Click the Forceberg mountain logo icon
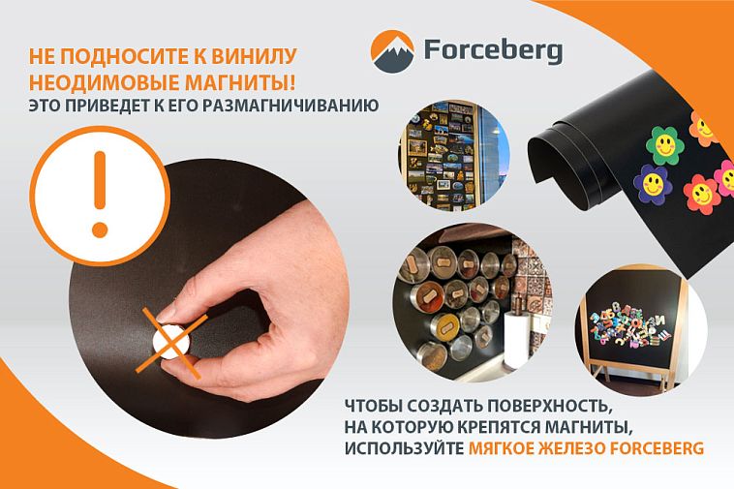392,51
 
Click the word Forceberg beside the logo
494,50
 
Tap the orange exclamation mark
100,194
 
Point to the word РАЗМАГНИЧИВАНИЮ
291,106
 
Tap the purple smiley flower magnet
653,183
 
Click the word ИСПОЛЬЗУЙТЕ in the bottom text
404,447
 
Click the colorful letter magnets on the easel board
628,323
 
